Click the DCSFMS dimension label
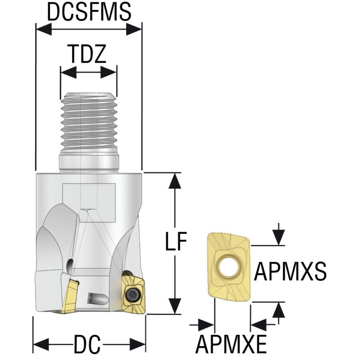[89, 13]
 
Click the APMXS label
[290, 271]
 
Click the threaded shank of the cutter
[88, 121]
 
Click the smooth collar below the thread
[88, 161]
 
